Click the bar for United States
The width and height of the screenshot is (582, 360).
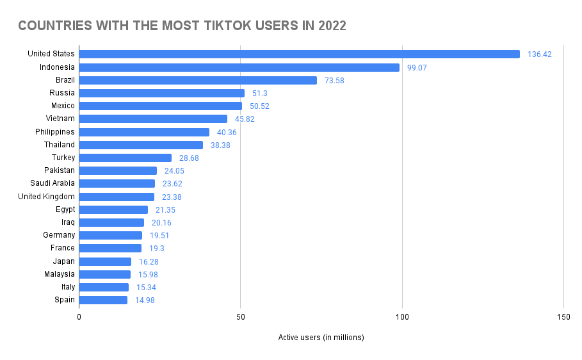(299, 54)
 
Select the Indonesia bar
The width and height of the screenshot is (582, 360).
(239, 67)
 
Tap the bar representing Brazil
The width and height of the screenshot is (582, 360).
(198, 80)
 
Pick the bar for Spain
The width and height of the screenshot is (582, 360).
(103, 300)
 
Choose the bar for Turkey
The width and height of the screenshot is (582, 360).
(125, 158)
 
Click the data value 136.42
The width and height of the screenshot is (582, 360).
(539, 54)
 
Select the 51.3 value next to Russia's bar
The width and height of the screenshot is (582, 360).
(259, 93)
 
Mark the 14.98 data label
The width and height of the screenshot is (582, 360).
(145, 300)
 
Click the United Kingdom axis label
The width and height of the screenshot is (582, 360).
(46, 197)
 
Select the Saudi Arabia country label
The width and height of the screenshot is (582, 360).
(53, 183)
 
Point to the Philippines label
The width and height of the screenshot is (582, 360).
(55, 132)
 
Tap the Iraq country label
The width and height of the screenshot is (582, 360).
(67, 222)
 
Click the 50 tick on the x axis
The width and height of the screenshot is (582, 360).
(240, 316)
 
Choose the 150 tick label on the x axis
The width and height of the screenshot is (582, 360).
(563, 316)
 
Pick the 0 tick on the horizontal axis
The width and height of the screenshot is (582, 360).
(79, 316)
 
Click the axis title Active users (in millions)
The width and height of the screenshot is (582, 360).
(321, 338)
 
